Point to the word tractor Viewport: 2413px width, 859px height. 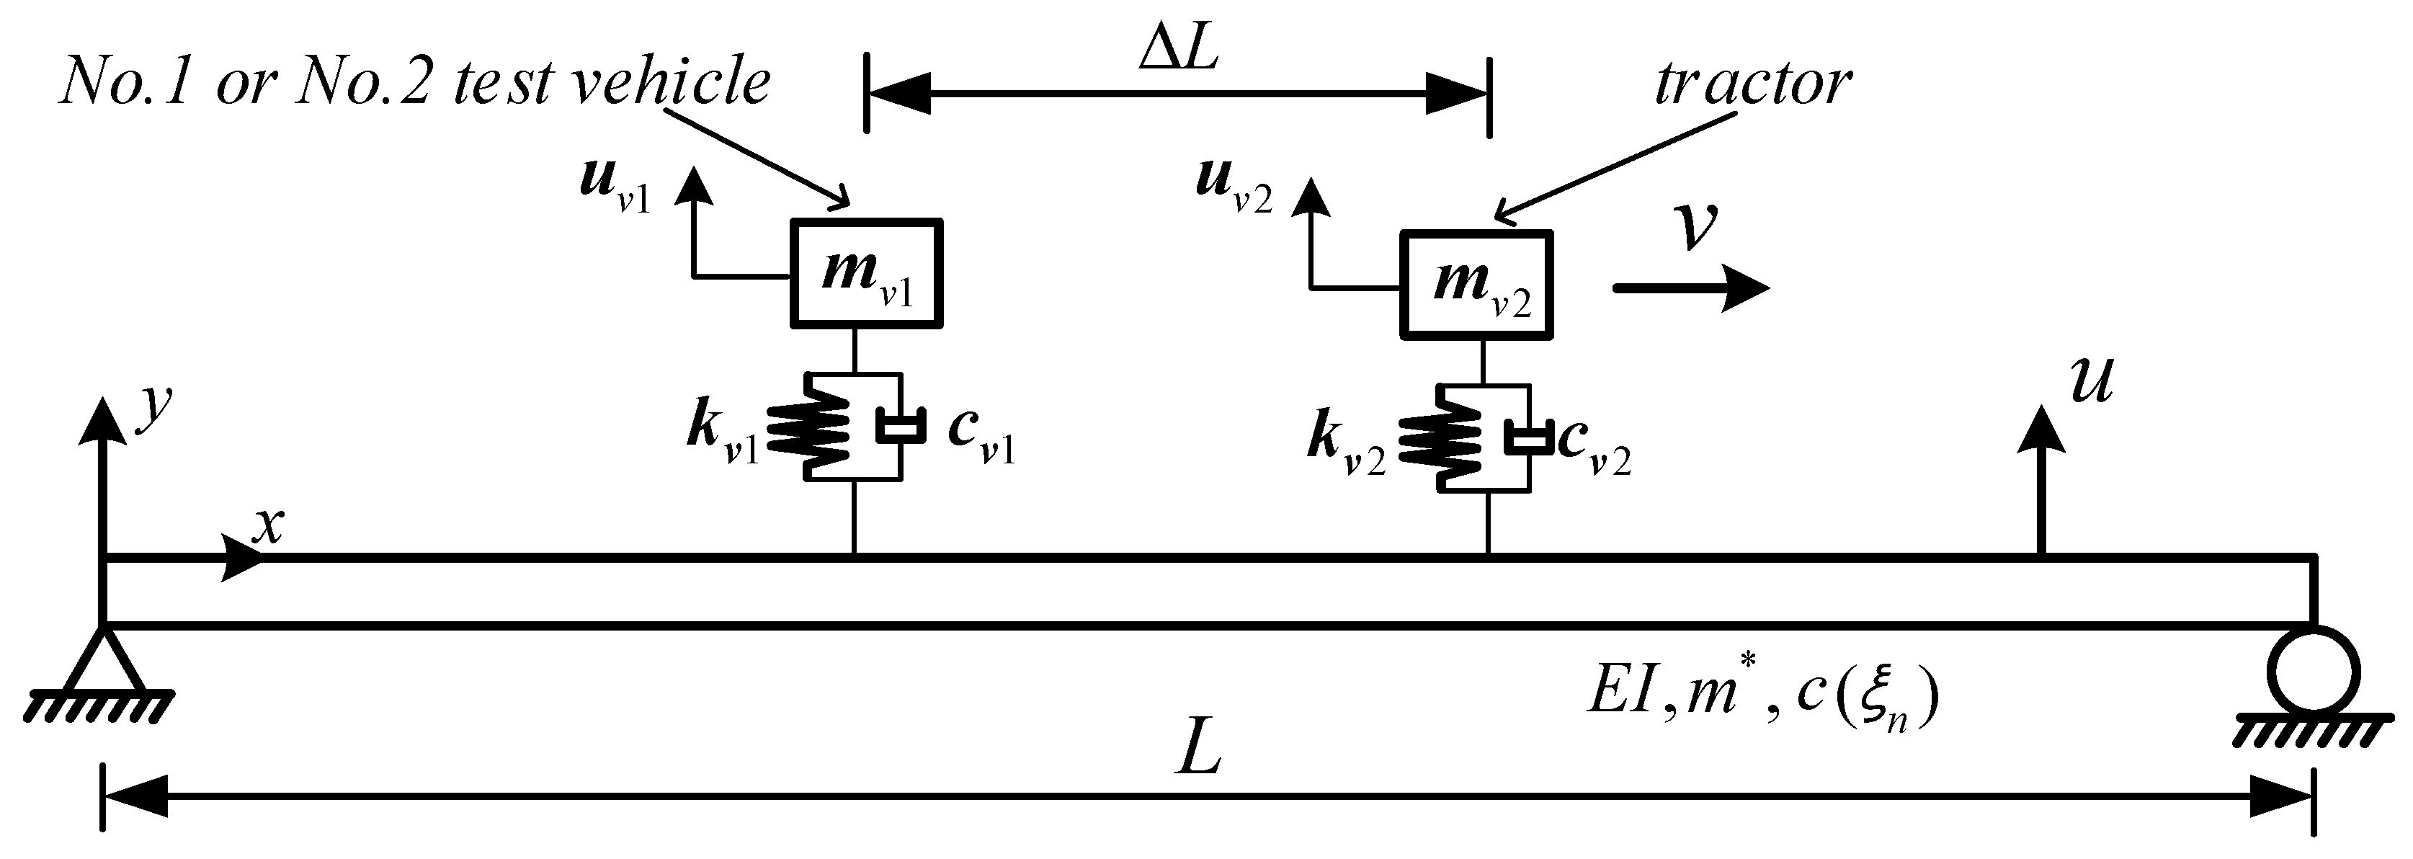[1752, 84]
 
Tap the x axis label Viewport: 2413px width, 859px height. [268, 528]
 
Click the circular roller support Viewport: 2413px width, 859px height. [2312, 672]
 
